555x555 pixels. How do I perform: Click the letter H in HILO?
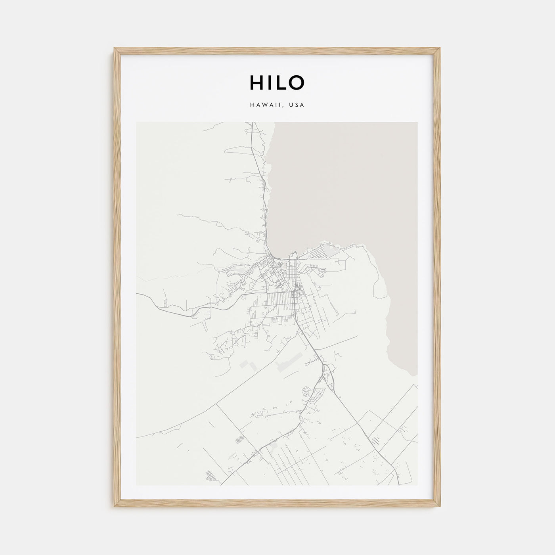[x=256, y=82]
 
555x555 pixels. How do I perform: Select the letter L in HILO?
[x=282, y=82]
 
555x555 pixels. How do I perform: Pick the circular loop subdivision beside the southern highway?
[x=306, y=392]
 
